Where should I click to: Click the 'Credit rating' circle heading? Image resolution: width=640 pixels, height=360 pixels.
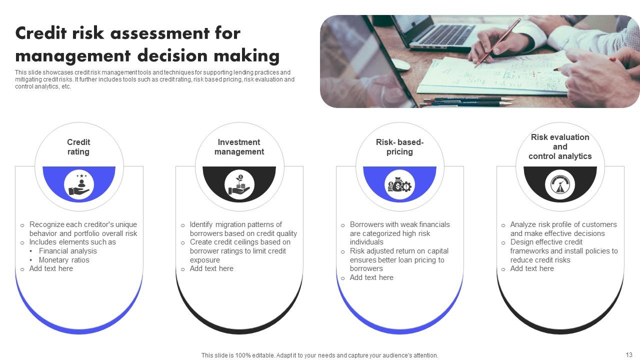pos(78,147)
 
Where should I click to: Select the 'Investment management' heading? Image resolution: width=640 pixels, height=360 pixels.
pos(239,147)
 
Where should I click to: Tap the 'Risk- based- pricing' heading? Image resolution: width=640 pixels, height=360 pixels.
pos(399,147)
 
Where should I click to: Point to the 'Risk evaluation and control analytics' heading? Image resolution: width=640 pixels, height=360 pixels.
pos(560,146)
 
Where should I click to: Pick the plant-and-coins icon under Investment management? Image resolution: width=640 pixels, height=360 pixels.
pos(239,185)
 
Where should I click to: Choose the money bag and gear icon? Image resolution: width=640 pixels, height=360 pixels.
pos(399,186)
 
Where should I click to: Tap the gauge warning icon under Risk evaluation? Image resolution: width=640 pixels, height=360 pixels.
pos(560,185)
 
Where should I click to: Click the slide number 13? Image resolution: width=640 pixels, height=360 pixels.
pos(629,354)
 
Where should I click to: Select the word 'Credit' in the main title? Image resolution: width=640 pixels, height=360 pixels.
pos(43,33)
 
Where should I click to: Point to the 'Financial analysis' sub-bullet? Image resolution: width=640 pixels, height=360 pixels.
pos(68,251)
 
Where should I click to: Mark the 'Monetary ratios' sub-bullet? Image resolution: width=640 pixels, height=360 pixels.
pos(64,260)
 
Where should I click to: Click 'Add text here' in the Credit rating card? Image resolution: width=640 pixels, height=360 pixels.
pos(51,268)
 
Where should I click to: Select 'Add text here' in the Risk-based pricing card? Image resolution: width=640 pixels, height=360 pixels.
pos(371,277)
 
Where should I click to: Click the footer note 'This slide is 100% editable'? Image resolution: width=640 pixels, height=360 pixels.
pos(319,355)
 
